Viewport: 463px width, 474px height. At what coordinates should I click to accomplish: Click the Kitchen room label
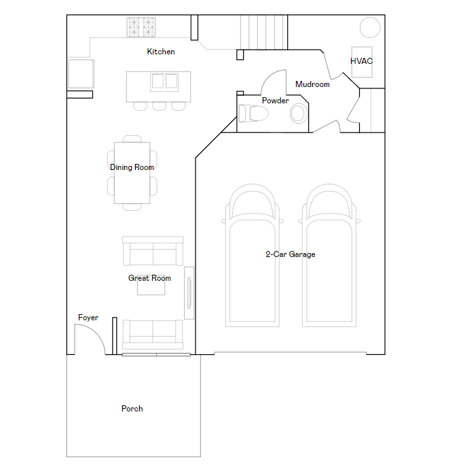point(161,52)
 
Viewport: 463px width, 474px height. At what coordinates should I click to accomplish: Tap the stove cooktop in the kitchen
point(142,27)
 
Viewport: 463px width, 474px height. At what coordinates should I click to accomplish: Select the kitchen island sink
point(164,82)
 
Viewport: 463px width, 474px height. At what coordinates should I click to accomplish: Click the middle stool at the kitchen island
point(159,106)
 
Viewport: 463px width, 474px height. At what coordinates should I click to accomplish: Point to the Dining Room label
point(132,167)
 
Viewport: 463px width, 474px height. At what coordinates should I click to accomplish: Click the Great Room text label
point(149,278)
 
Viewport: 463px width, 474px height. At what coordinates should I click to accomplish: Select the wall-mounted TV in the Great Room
point(189,293)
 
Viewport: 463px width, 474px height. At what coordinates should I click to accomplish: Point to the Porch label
point(132,409)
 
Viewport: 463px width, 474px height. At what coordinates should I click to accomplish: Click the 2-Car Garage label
point(290,254)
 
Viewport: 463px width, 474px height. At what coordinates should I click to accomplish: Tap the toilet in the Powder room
point(254,113)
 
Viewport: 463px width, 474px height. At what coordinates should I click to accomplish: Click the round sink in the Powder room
point(298,113)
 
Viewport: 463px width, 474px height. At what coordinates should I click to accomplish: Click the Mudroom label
point(312,84)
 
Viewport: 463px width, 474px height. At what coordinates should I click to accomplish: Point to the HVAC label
point(361,61)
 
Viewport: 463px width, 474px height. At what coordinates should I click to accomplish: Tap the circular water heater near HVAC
point(370,27)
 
